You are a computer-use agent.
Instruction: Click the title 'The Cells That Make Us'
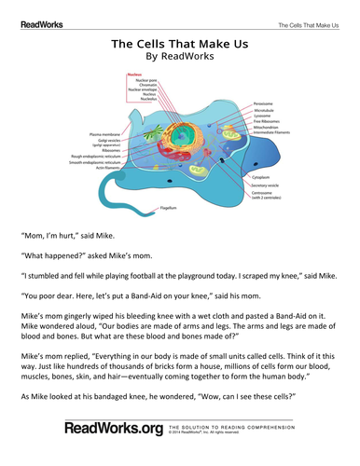[x=180, y=43]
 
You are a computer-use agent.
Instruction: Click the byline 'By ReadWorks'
[x=180, y=57]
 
